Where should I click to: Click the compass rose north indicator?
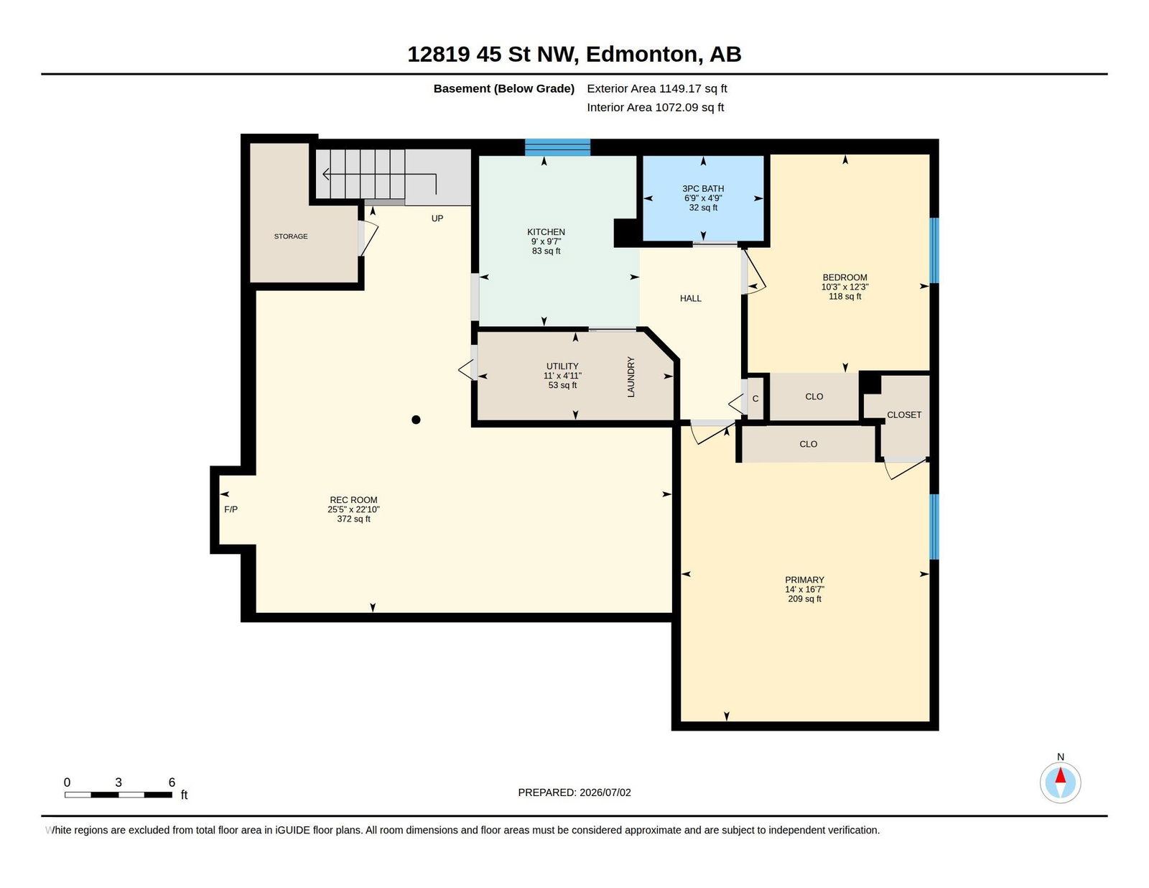1060,782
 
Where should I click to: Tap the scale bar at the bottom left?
118,794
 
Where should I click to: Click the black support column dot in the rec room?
416,420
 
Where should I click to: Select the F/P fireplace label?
231,509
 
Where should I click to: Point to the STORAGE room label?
290,236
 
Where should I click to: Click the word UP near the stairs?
437,218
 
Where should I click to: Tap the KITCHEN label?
546,231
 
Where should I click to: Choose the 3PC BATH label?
703,188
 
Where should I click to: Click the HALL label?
690,298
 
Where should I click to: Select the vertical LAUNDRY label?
631,376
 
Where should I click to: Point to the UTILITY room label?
562,366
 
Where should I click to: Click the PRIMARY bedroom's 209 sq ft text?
804,598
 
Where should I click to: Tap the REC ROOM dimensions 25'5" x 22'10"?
353,509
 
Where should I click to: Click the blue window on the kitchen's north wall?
557,147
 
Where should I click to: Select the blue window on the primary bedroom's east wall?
934,526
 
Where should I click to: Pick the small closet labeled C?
755,398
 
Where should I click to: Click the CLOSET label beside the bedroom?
903,415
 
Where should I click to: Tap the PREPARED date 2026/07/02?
605,792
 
